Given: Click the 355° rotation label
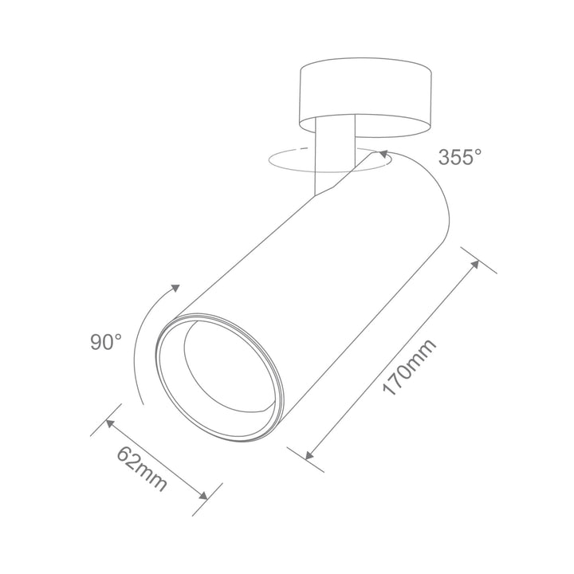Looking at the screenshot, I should pos(460,156).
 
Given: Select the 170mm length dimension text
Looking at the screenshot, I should pos(409,368).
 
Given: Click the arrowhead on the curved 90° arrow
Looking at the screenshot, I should pos(175,289).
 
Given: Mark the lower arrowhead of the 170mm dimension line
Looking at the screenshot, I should pos(309,455).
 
